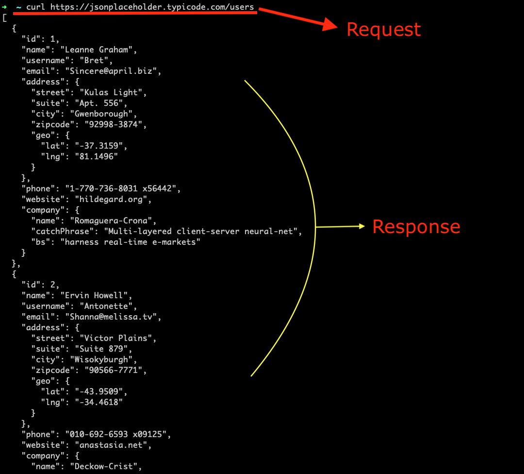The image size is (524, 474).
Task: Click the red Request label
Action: [x=383, y=30]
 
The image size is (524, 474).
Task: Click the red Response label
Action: [x=416, y=227]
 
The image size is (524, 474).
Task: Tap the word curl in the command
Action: [x=36, y=7]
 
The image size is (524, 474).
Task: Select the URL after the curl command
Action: [x=152, y=7]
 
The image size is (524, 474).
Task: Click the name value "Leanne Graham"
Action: [x=101, y=50]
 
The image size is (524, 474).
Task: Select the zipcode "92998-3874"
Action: [x=115, y=124]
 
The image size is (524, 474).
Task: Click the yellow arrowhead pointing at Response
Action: [x=361, y=226]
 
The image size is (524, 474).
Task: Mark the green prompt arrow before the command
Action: [x=4, y=7]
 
